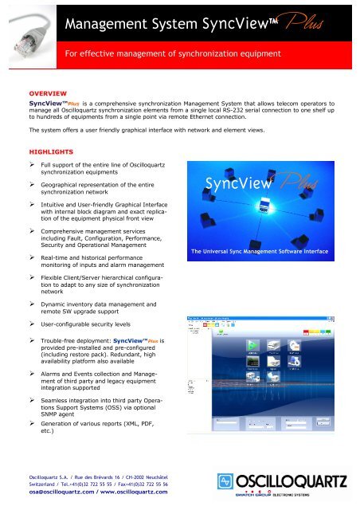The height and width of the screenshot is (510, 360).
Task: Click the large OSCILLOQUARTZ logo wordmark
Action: (x=291, y=482)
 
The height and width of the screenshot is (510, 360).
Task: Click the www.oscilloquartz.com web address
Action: (x=137, y=492)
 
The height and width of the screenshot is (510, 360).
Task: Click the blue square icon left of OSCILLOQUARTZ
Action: (x=226, y=483)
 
